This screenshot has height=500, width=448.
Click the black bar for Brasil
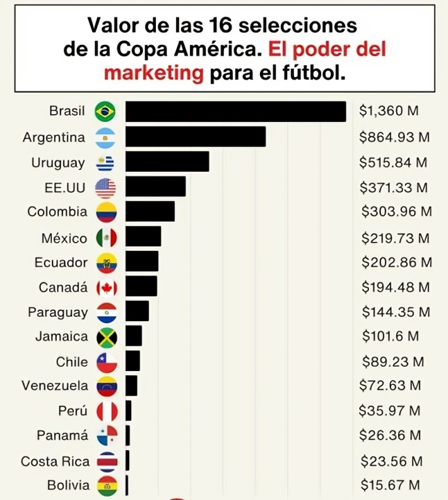[x=235, y=111]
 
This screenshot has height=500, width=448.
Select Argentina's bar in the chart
[x=195, y=137]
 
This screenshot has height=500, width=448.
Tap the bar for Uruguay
[x=167, y=162]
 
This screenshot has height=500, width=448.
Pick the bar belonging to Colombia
[x=150, y=212]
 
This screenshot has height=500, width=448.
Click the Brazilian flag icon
[x=105, y=112]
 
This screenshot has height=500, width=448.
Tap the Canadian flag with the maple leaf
[x=106, y=288]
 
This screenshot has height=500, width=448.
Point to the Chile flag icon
[x=106, y=363]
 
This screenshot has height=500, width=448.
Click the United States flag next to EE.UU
[x=105, y=187]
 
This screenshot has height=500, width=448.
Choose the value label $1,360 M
[x=389, y=111]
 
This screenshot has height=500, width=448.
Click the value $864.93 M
[x=394, y=137]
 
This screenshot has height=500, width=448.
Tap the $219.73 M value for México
[x=396, y=238]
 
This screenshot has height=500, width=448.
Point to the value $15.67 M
[x=391, y=485]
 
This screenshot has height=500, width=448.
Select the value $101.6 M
[x=390, y=337]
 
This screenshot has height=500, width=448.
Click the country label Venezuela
[x=56, y=386]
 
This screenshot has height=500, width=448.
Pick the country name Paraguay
[x=58, y=312]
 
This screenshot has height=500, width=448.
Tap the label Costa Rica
[x=56, y=461]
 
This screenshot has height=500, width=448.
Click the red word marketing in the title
[x=154, y=73]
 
